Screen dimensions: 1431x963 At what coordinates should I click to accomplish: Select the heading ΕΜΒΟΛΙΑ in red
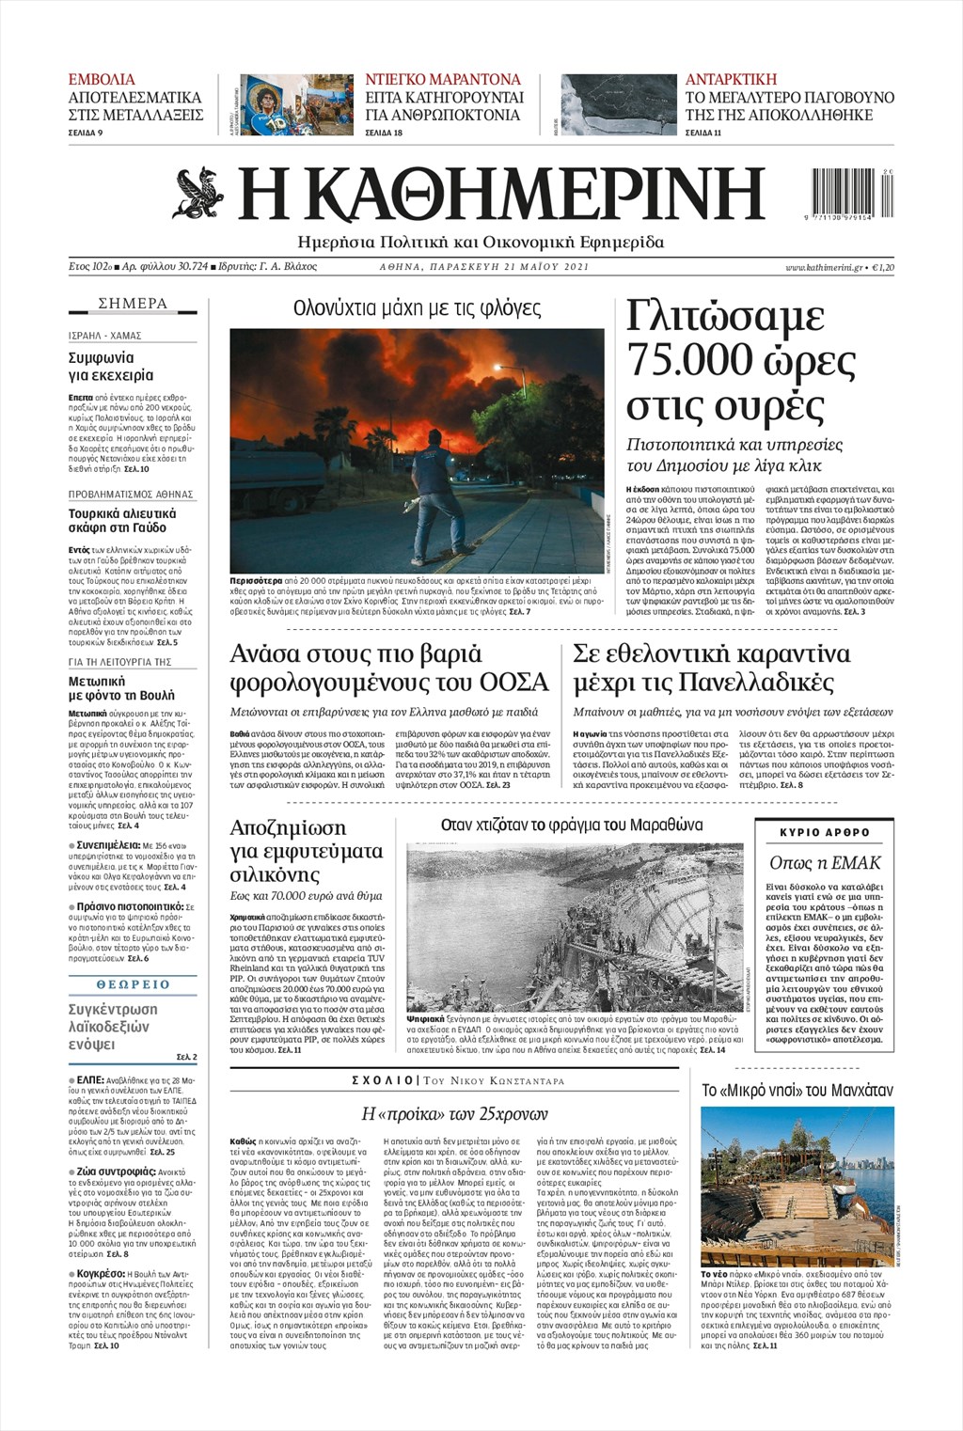(102, 79)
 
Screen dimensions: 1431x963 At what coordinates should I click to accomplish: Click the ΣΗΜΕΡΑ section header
(133, 304)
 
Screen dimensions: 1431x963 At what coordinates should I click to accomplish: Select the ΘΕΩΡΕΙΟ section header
(133, 984)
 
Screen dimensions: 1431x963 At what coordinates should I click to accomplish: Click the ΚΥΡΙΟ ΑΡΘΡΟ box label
(825, 832)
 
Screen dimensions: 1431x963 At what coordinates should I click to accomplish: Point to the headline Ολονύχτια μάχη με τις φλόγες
(417, 308)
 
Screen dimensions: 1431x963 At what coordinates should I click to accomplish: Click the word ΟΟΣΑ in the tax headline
(514, 681)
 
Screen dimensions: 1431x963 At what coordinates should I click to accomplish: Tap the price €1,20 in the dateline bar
(883, 268)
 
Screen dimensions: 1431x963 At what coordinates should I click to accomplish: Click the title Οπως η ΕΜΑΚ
(825, 862)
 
